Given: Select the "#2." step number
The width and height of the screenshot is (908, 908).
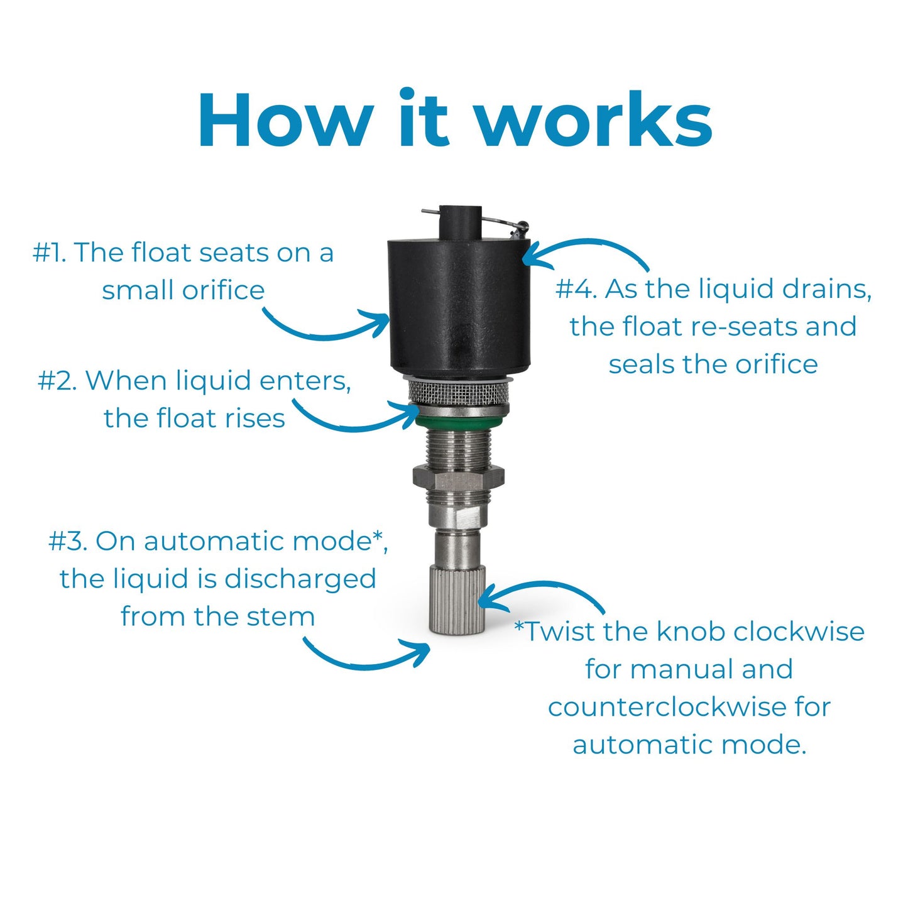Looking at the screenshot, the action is [57, 380].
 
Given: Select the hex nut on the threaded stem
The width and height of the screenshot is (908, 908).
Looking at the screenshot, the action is [459, 478].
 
